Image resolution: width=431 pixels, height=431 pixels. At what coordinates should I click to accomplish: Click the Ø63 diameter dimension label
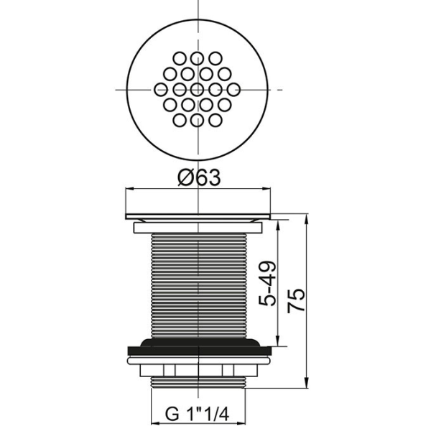[199, 177]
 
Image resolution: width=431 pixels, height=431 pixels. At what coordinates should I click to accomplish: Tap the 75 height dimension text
[296, 300]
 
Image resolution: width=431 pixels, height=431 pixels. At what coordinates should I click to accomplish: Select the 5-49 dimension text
[267, 284]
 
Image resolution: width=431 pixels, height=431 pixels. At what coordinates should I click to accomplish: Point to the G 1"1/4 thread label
[197, 414]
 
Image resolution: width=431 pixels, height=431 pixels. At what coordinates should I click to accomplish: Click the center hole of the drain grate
[197, 89]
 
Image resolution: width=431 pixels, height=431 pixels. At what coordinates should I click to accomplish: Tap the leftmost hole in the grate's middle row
[161, 90]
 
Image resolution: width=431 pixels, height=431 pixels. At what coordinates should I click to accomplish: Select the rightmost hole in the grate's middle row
[233, 90]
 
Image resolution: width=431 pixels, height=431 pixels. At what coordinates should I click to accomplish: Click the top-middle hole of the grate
[197, 58]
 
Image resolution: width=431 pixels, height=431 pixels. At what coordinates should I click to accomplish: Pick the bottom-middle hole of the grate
[197, 121]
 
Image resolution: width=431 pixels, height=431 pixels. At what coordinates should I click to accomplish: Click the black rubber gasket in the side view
[200, 347]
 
